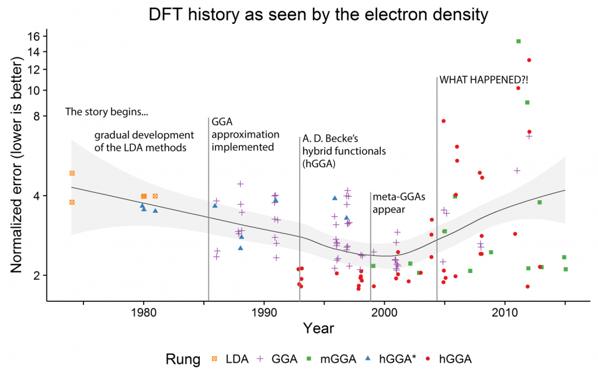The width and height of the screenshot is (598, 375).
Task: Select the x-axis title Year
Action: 318,328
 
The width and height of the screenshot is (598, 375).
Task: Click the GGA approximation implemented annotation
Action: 242,134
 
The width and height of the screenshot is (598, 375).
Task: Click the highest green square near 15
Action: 518,41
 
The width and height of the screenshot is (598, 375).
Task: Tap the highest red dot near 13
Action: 529,60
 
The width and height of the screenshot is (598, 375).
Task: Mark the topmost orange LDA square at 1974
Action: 72,173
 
